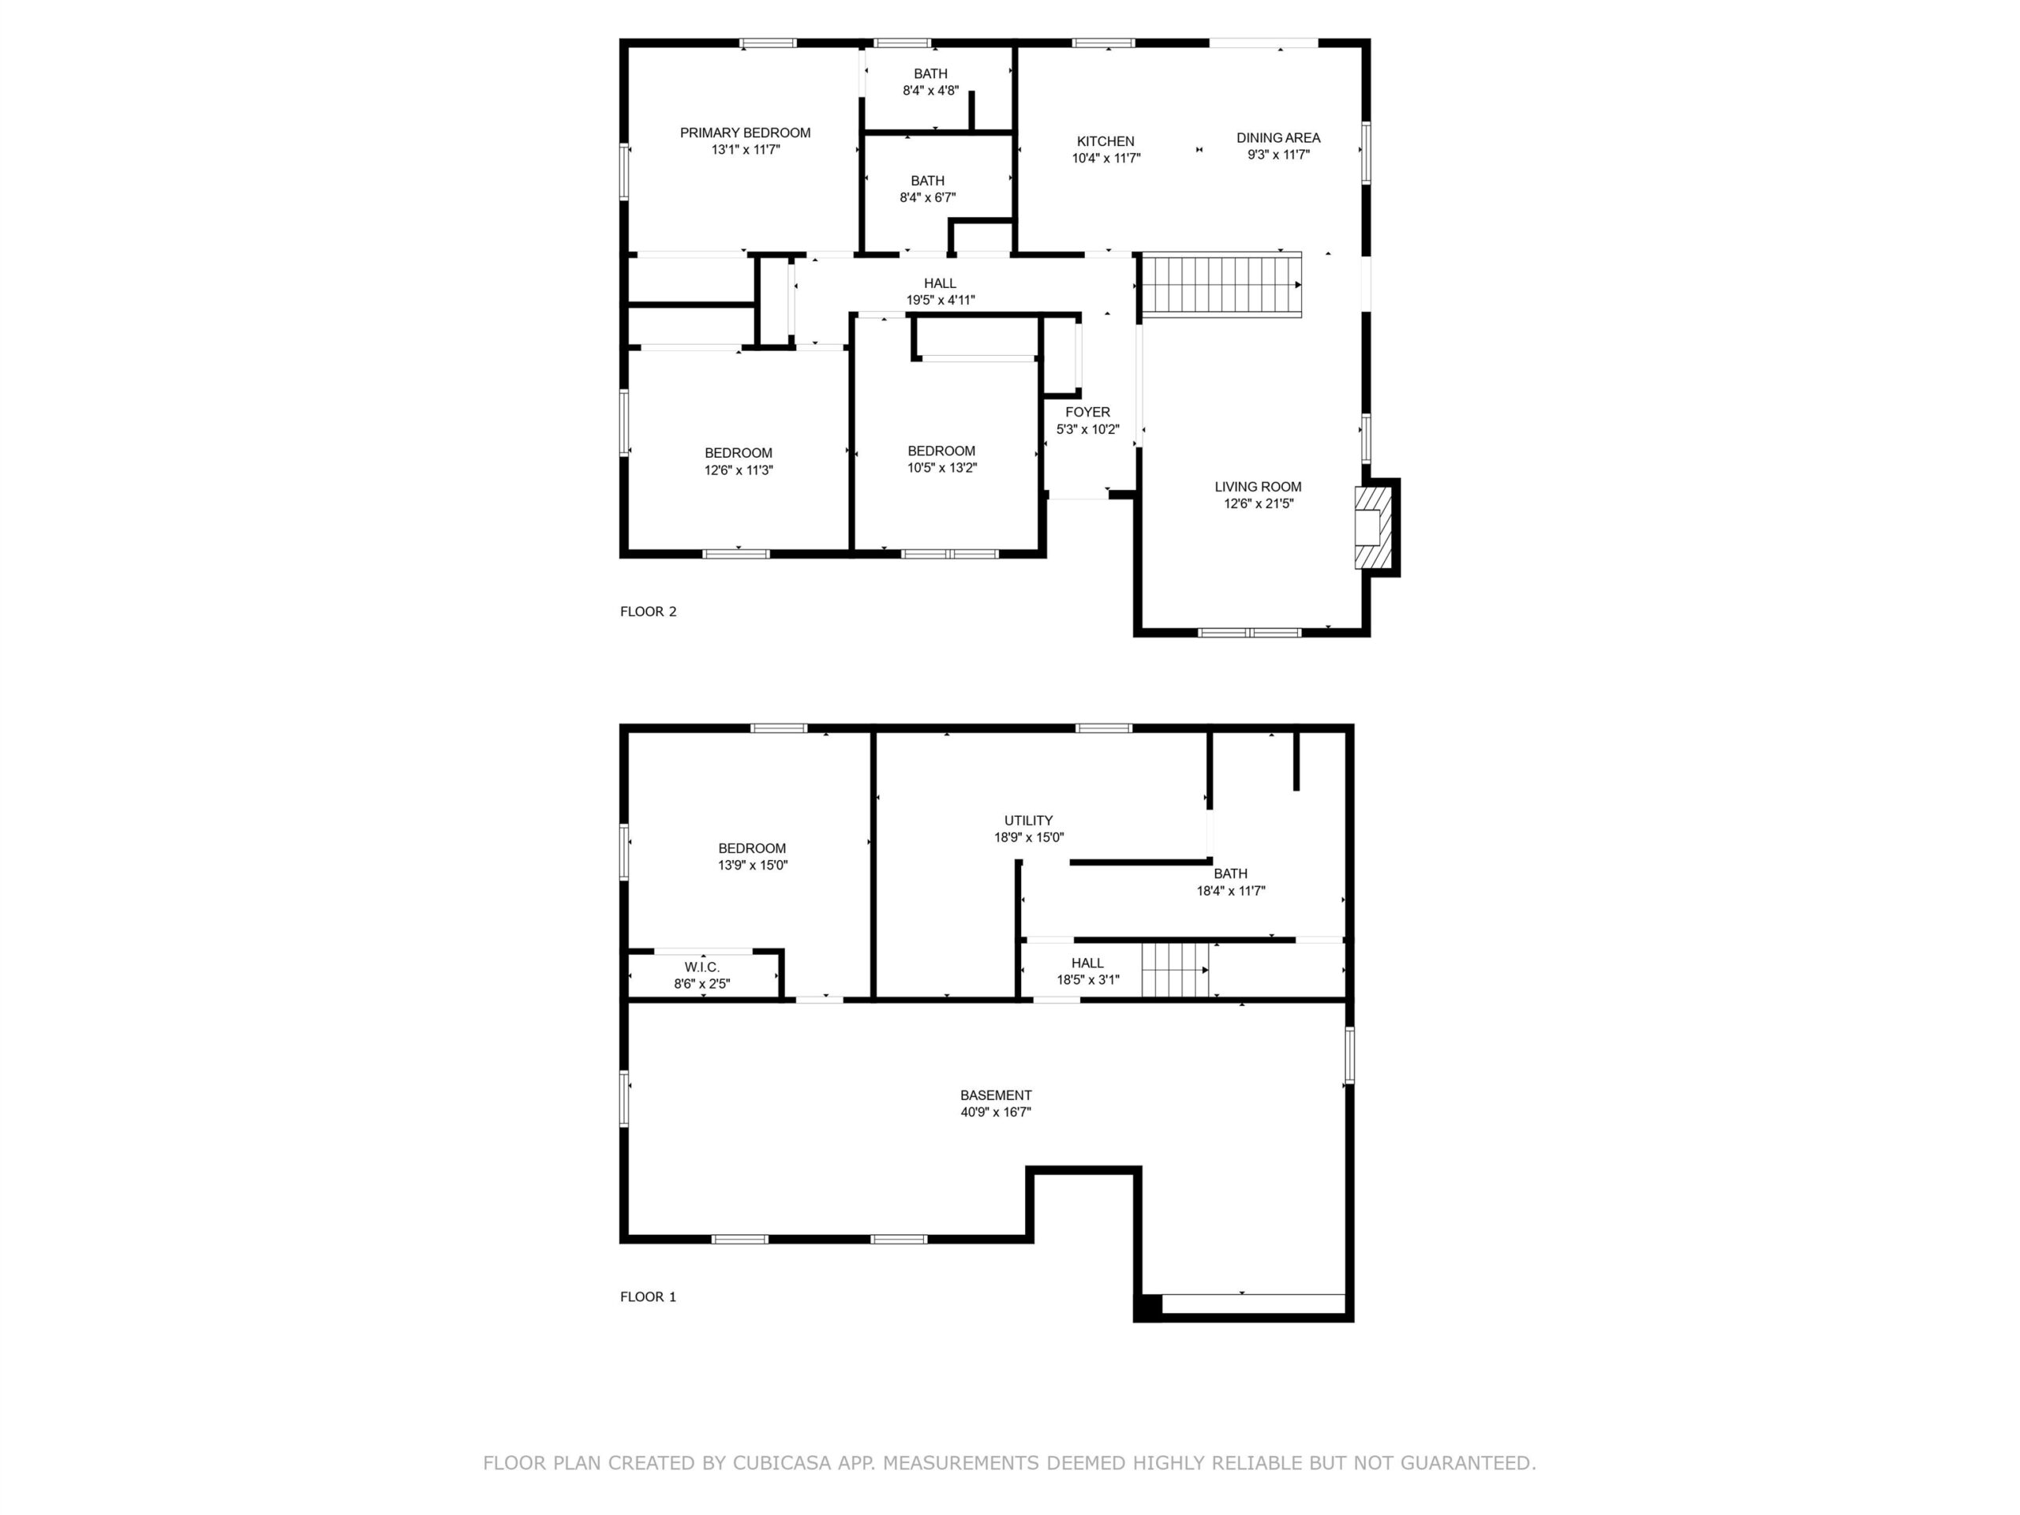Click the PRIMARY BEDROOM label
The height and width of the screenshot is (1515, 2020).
coord(745,133)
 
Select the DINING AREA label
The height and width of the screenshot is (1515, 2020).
coord(1277,138)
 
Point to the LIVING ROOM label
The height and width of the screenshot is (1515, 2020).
coord(1258,487)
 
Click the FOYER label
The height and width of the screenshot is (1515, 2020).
coord(1087,413)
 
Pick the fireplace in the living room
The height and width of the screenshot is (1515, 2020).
coord(1372,528)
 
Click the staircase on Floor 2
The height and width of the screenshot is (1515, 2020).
coord(1221,285)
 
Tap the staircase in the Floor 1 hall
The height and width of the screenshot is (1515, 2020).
coord(1175,970)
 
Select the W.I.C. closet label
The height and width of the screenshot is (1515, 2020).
coord(701,967)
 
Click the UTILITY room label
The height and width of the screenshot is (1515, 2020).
coord(1028,821)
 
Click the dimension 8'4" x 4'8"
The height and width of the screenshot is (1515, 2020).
coord(930,91)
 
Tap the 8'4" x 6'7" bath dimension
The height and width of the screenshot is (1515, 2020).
coord(927,197)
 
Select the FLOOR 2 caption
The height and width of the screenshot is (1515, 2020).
coord(649,612)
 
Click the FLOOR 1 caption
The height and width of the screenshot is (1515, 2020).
coord(649,1296)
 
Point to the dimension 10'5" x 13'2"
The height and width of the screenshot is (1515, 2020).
coord(941,469)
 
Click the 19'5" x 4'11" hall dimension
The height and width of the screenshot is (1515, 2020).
coord(940,301)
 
